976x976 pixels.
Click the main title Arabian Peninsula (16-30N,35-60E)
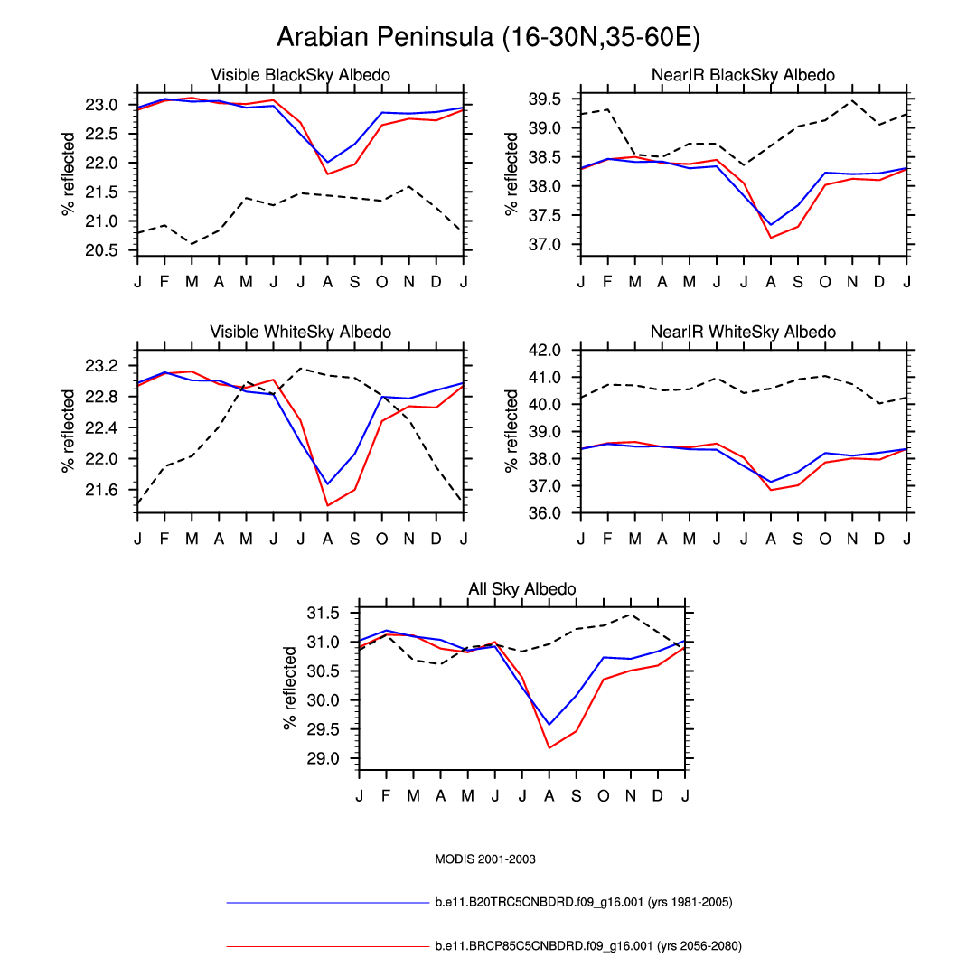click(x=488, y=37)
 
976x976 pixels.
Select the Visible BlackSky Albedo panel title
click(x=300, y=75)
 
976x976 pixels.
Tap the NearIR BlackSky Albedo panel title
click(x=743, y=75)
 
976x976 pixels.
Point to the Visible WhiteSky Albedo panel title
click(x=300, y=333)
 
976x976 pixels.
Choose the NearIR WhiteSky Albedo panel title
click(x=743, y=333)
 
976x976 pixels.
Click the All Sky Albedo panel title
click(x=521, y=589)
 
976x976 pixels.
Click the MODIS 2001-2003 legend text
click(x=485, y=859)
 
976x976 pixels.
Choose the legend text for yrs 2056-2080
click(x=588, y=946)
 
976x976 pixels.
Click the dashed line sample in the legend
click(x=321, y=859)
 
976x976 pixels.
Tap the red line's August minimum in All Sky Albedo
click(x=549, y=747)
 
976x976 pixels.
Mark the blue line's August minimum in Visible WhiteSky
click(x=327, y=484)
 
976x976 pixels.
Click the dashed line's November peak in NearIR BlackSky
click(x=851, y=100)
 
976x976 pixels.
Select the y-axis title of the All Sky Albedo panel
click(x=290, y=688)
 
